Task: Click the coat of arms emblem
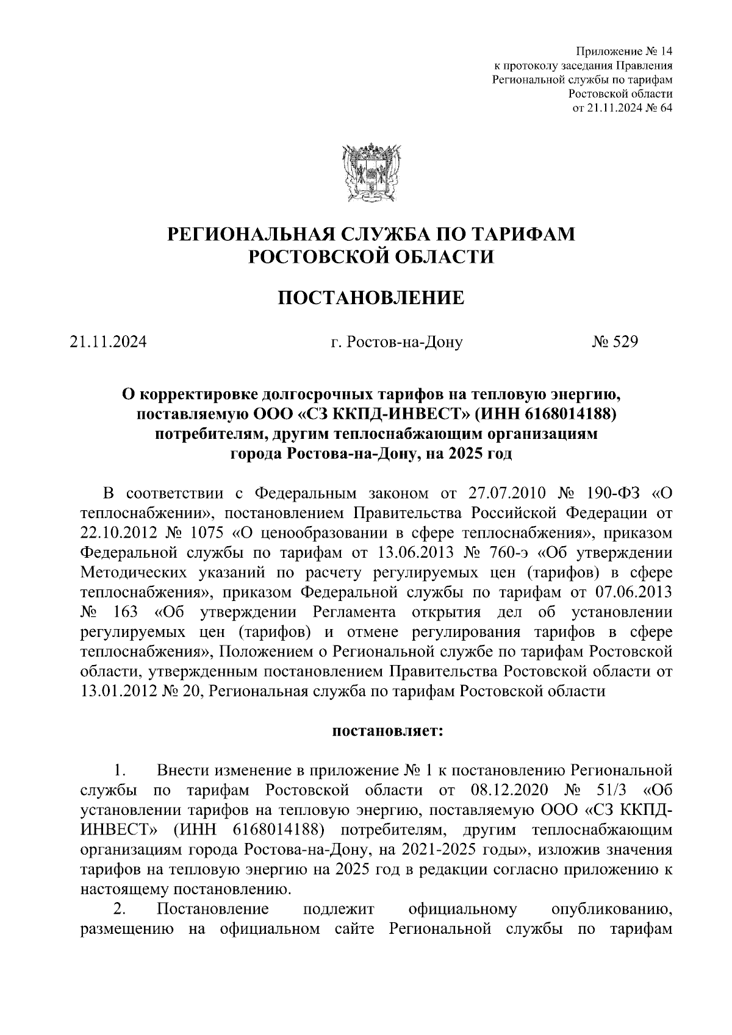(371, 172)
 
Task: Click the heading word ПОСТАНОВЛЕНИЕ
(371, 298)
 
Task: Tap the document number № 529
(614, 343)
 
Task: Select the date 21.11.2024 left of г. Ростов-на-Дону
(108, 343)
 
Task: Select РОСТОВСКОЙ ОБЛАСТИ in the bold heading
(371, 257)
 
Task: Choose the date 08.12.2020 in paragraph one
(508, 791)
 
